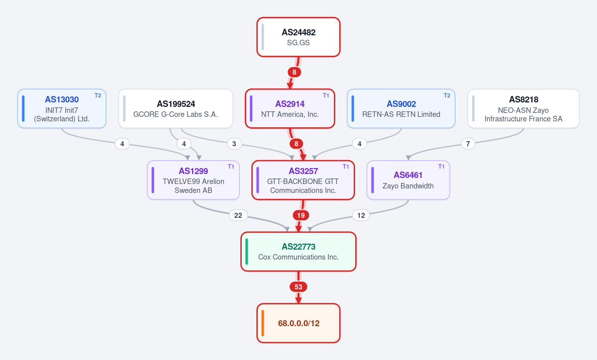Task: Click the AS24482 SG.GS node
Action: tap(298, 37)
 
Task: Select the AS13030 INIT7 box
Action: tap(62, 108)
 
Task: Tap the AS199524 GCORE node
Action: tap(176, 108)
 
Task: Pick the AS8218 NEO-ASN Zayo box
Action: tap(523, 108)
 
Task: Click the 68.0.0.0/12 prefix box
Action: tap(298, 323)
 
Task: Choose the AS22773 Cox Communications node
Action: tap(298, 252)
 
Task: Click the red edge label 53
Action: tap(298, 287)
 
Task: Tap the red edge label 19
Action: tap(301, 215)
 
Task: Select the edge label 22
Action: tap(238, 215)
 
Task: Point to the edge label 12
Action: tap(361, 215)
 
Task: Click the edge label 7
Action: tap(468, 144)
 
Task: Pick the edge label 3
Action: tap(234, 144)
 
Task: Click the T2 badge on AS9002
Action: tap(447, 95)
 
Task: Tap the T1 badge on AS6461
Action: tap(441, 167)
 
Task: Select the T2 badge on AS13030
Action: tap(98, 95)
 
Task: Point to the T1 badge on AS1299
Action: tap(231, 167)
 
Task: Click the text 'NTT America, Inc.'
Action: tap(290, 114)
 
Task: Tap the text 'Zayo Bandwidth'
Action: tap(408, 186)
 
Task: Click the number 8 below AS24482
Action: tap(294, 72)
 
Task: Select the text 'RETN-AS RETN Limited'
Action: tap(401, 114)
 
